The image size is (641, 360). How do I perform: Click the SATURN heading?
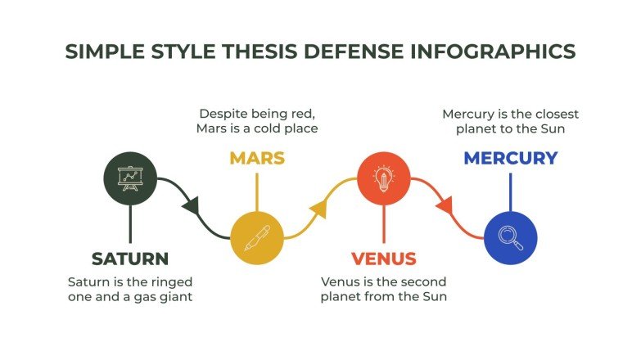pos(129,259)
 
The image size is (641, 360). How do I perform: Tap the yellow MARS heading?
pos(257,158)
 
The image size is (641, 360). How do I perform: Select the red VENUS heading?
pos(383,259)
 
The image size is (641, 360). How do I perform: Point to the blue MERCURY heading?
pos(510,158)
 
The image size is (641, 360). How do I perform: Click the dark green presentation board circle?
pos(129,178)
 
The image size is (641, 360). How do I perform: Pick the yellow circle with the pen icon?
pos(256,238)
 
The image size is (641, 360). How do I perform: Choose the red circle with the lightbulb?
pos(383,178)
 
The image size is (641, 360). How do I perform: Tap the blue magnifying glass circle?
pos(510,238)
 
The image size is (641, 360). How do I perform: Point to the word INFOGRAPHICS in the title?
pos(494,51)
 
